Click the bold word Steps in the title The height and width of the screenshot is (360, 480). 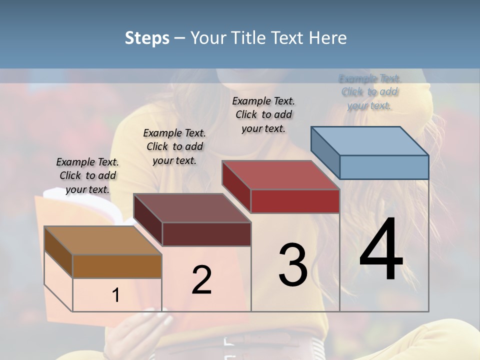tap(147, 38)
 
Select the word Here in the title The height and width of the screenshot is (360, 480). tap(328, 38)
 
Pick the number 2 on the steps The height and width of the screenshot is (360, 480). tap(201, 280)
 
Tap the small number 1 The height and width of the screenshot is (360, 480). tap(115, 295)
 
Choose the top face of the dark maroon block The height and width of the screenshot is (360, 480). tap(192, 208)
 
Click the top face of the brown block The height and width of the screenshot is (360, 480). tap(103, 240)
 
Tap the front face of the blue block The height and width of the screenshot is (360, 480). tap(384, 167)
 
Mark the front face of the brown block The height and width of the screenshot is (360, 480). tap(117, 266)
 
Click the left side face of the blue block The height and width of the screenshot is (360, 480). tap(325, 152)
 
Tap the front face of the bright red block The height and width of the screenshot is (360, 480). tap(295, 201)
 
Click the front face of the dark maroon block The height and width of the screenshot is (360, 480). tap(206, 234)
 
